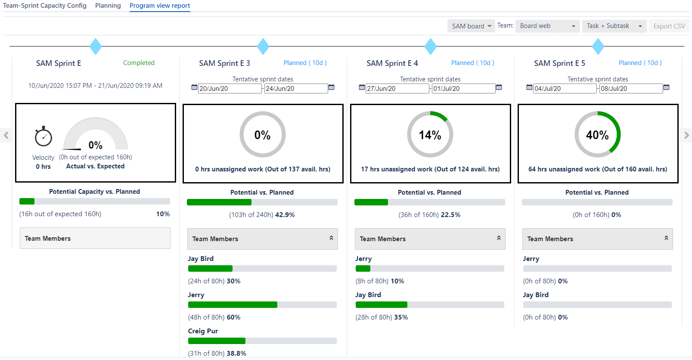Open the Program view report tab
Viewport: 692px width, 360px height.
159,6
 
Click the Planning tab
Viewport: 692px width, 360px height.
108,6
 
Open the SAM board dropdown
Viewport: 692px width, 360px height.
471,26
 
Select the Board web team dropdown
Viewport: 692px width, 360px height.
547,26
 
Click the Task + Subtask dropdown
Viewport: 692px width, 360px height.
614,26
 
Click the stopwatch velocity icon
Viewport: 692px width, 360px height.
43,137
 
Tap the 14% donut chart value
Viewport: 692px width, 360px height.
430,135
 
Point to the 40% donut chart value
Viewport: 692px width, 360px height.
597,135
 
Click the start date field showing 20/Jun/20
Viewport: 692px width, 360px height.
229,89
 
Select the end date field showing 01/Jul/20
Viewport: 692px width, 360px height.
463,89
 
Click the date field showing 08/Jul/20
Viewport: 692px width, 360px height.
630,89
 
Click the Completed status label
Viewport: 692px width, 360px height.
139,63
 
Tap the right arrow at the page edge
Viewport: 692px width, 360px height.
686,135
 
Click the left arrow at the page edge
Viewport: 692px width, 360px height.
6,135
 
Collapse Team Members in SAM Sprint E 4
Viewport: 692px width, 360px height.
499,238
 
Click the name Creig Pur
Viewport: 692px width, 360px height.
203,331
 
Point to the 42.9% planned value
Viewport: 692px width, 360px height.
285,215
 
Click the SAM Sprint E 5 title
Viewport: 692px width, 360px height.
559,63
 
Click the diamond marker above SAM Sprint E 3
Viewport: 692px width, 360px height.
263,46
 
